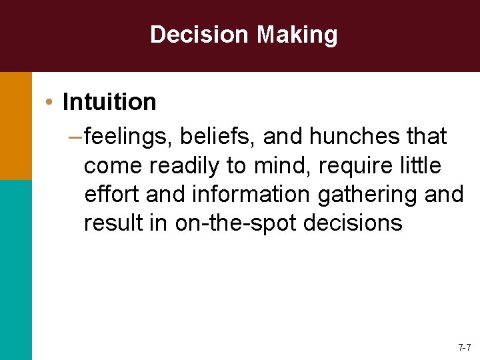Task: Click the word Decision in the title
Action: tap(197, 35)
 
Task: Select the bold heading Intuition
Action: tap(109, 102)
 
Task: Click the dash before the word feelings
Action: tap(75, 137)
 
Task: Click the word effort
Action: tap(112, 194)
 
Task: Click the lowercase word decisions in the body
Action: tap(353, 223)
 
